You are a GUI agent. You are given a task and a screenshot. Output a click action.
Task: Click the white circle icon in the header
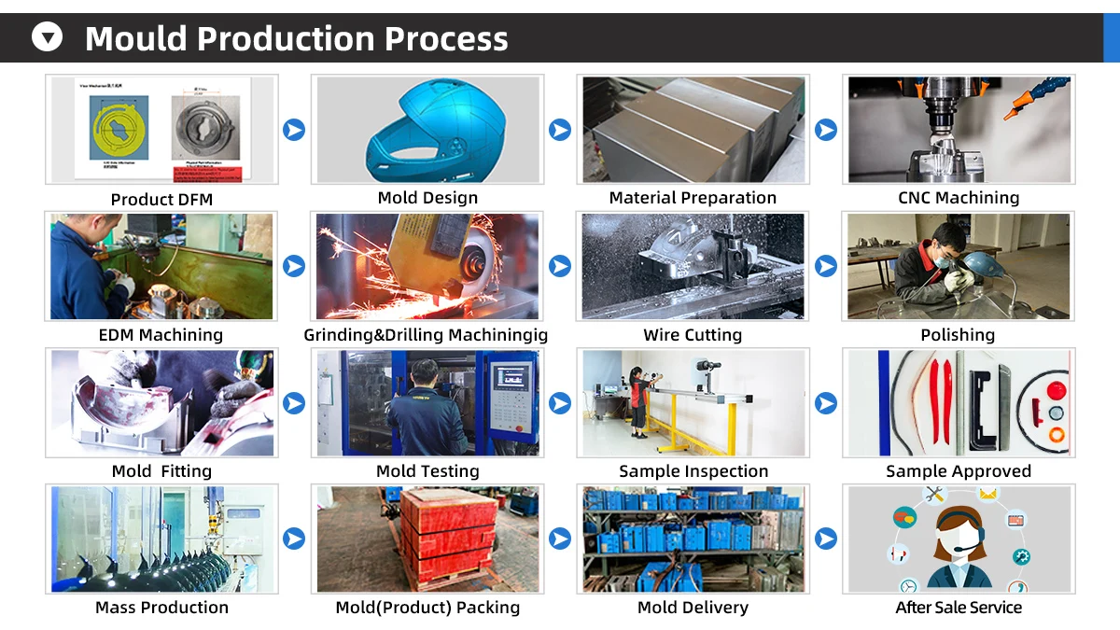(x=47, y=36)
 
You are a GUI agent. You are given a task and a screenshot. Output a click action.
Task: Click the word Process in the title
(x=446, y=38)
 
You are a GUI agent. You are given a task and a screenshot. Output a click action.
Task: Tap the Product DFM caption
(x=161, y=200)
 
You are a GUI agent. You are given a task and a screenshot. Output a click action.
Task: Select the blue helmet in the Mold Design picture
(x=436, y=131)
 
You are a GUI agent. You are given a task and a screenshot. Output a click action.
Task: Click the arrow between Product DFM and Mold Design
(x=294, y=130)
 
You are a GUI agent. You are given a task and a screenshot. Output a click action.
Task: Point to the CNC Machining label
(x=959, y=198)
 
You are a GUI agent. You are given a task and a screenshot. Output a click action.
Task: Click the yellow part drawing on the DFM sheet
(x=119, y=128)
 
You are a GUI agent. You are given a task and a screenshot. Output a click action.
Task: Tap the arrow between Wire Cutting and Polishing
(x=826, y=266)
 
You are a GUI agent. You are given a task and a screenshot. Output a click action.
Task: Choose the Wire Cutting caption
(x=693, y=334)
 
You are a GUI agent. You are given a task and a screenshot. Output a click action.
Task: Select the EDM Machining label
(x=161, y=334)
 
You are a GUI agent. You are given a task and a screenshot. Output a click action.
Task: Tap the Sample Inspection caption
(x=693, y=471)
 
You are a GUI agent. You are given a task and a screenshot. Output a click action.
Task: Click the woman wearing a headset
(x=959, y=548)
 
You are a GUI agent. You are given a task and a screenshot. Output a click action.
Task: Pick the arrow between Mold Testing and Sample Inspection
(x=560, y=403)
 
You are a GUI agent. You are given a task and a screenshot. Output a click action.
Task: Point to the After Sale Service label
(x=959, y=607)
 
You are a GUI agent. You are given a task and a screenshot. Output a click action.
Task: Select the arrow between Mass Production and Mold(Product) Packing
(x=294, y=539)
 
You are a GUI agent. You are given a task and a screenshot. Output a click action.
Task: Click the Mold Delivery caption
(x=693, y=607)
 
